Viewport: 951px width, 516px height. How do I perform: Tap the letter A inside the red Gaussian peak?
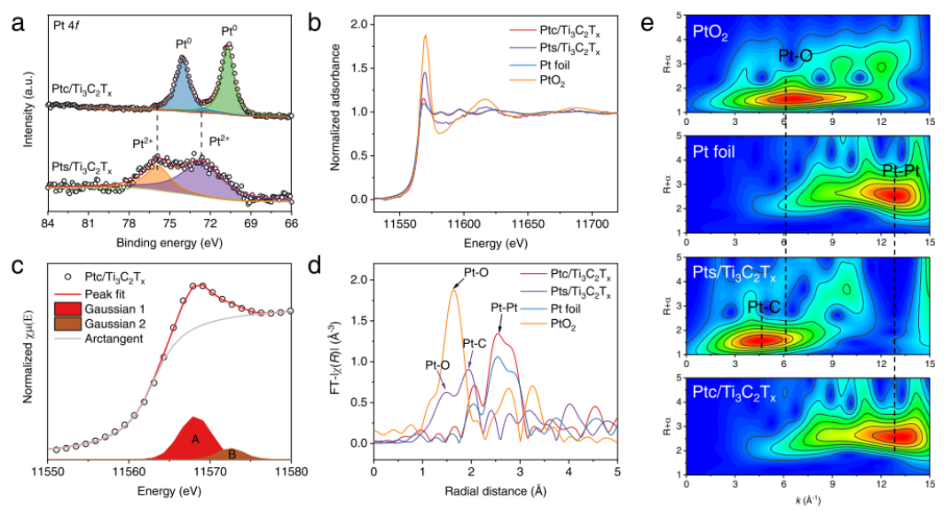coord(194,438)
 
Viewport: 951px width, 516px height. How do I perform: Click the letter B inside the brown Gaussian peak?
coord(232,454)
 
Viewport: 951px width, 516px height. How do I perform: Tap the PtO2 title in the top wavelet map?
coord(712,35)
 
